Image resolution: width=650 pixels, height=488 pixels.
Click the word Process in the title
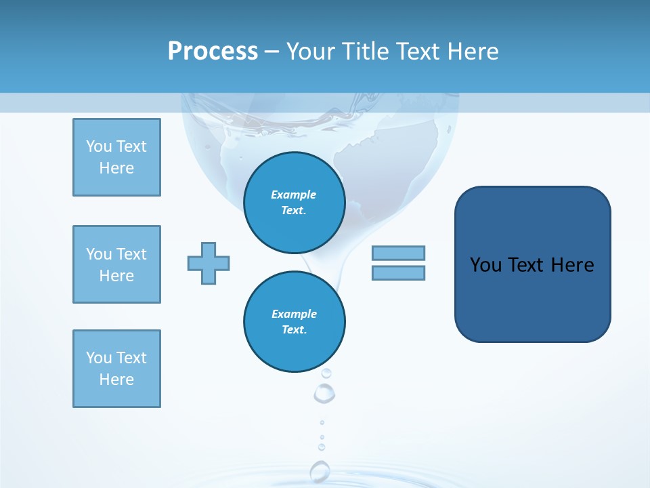pos(213,52)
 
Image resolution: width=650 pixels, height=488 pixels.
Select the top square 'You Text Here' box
pos(116,157)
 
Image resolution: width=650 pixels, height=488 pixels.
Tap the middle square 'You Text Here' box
pos(116,264)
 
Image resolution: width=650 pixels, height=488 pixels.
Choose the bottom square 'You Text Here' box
pos(116,369)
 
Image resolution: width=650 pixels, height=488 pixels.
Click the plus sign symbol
pos(209,263)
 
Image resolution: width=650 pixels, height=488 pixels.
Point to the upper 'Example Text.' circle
pos(294,202)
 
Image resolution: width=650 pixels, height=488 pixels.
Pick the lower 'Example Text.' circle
pos(294,321)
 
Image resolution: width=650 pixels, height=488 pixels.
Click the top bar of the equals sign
pos(398,253)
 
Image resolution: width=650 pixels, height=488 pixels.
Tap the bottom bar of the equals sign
pos(398,272)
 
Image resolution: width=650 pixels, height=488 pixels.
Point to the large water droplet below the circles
pos(324,392)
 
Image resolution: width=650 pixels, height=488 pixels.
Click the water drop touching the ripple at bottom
pos(320,470)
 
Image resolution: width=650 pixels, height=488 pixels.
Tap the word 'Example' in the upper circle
pos(294,195)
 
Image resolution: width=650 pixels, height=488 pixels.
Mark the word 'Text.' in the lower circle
pos(294,329)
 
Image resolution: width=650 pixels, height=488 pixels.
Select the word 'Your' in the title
pos(310,52)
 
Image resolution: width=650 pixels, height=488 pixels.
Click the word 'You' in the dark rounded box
pos(485,265)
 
